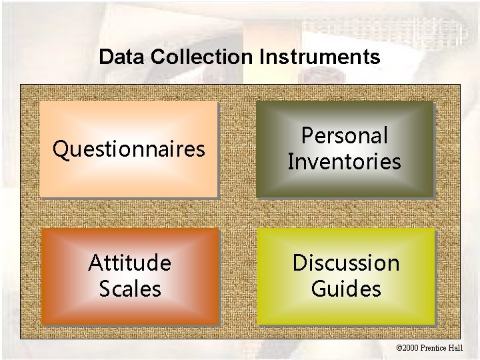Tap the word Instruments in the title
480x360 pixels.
click(320, 57)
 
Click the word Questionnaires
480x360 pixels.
click(129, 149)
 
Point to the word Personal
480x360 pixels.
click(345, 136)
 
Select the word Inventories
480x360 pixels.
click(345, 162)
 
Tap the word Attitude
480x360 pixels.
click(129, 263)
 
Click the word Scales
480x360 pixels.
click(129, 289)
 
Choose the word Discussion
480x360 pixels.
click(346, 263)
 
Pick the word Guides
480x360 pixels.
click(346, 289)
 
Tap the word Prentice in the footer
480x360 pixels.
click(440, 348)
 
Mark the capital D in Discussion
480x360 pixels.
click(299, 263)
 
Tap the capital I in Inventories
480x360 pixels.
click(291, 162)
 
